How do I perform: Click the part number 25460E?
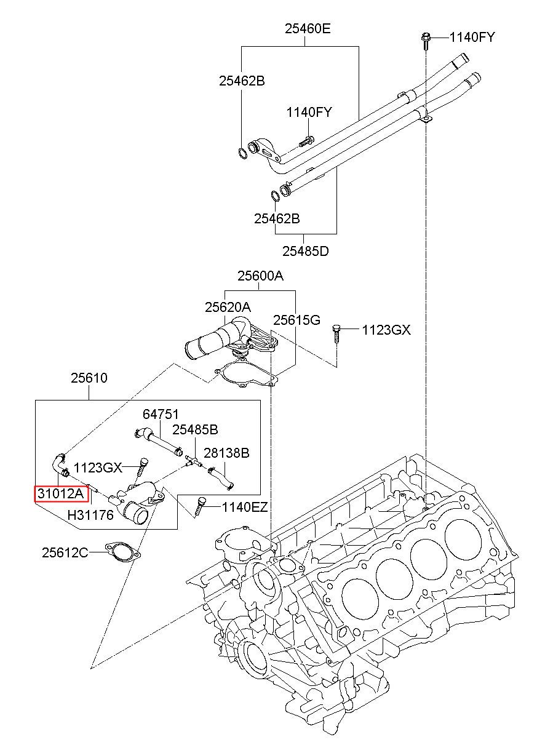point(308,29)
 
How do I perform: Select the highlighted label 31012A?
point(61,493)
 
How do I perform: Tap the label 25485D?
point(305,251)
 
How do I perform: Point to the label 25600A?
point(260,276)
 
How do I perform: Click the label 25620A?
point(228,307)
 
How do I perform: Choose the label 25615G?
point(296,320)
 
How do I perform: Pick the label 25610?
point(89,378)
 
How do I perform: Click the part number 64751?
point(161,414)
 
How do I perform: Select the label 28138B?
point(226,453)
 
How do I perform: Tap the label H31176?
point(90,515)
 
